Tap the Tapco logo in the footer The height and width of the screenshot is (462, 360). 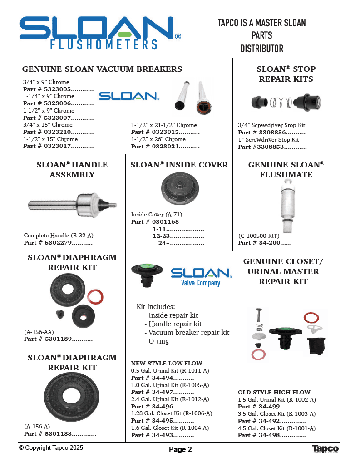click(325, 449)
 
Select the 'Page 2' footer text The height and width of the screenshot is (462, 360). click(180, 450)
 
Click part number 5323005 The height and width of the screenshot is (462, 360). click(58, 89)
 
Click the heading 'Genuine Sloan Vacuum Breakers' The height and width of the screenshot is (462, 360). click(102, 69)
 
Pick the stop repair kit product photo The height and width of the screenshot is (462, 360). click(286, 103)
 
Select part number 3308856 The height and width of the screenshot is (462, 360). click(272, 133)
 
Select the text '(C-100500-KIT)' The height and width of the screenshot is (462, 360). click(259, 236)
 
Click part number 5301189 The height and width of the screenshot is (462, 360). click(58, 339)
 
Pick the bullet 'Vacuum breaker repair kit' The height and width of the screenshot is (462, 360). click(187, 333)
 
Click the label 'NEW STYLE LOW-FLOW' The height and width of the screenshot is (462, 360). click(167, 363)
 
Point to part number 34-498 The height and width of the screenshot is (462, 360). click(271, 435)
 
